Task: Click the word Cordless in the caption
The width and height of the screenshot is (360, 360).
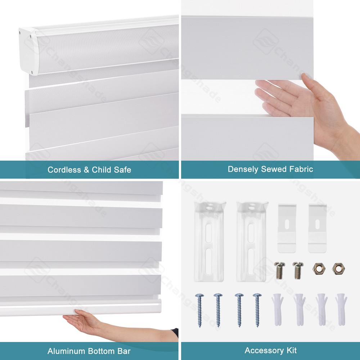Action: coord(64,170)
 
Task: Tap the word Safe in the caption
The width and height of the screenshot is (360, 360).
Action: coord(123,170)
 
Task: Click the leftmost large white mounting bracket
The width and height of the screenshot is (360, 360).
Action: coord(210,241)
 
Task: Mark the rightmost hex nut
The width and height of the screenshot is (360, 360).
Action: coord(338,268)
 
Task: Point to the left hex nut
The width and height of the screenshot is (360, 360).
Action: coord(318,268)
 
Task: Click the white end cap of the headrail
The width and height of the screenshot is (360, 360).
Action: coord(29,50)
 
